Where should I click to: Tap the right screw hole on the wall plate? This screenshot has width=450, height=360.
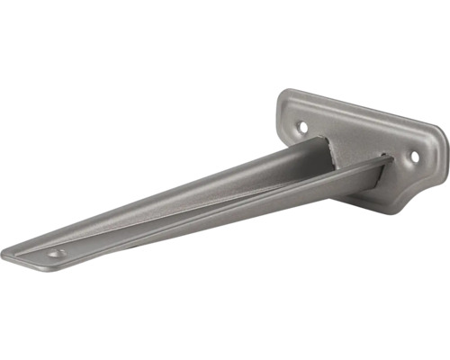coord(415,157)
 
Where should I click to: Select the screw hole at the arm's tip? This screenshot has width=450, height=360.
coord(56,254)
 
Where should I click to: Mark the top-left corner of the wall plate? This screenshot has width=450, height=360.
coord(283,94)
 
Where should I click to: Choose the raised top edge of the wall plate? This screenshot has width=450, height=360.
coord(360,106)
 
